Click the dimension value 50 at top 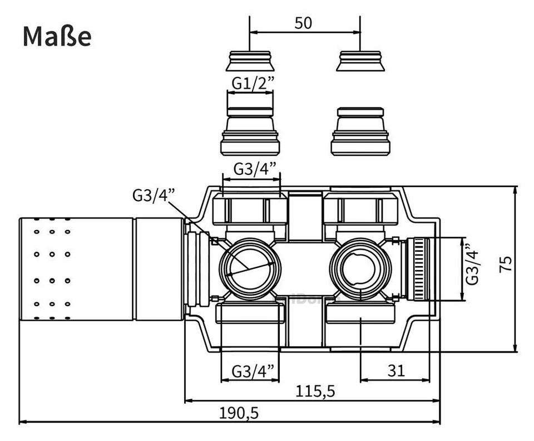pos(304,23)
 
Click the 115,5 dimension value pos(316,391)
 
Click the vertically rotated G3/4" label pos(473,264)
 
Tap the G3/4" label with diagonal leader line pos(154,195)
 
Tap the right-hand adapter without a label pos(360,132)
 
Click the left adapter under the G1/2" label pos(250,132)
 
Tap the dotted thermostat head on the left pos(77,269)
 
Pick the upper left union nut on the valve pos(250,210)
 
